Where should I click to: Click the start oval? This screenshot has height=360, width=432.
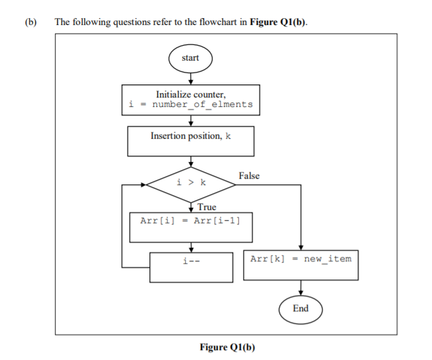pyautogui.click(x=190, y=58)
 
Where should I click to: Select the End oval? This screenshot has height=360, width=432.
pyautogui.click(x=301, y=309)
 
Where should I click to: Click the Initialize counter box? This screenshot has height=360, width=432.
pyautogui.click(x=190, y=99)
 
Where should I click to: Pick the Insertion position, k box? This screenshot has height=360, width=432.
pyautogui.click(x=190, y=141)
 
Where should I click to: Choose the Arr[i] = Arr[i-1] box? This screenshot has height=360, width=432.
pyautogui.click(x=190, y=227)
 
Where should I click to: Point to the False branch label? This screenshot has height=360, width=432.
pyautogui.click(x=249, y=176)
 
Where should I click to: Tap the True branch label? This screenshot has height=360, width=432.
pyautogui.click(x=206, y=207)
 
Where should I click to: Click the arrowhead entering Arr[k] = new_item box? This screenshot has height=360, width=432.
pyautogui.click(x=301, y=247)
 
